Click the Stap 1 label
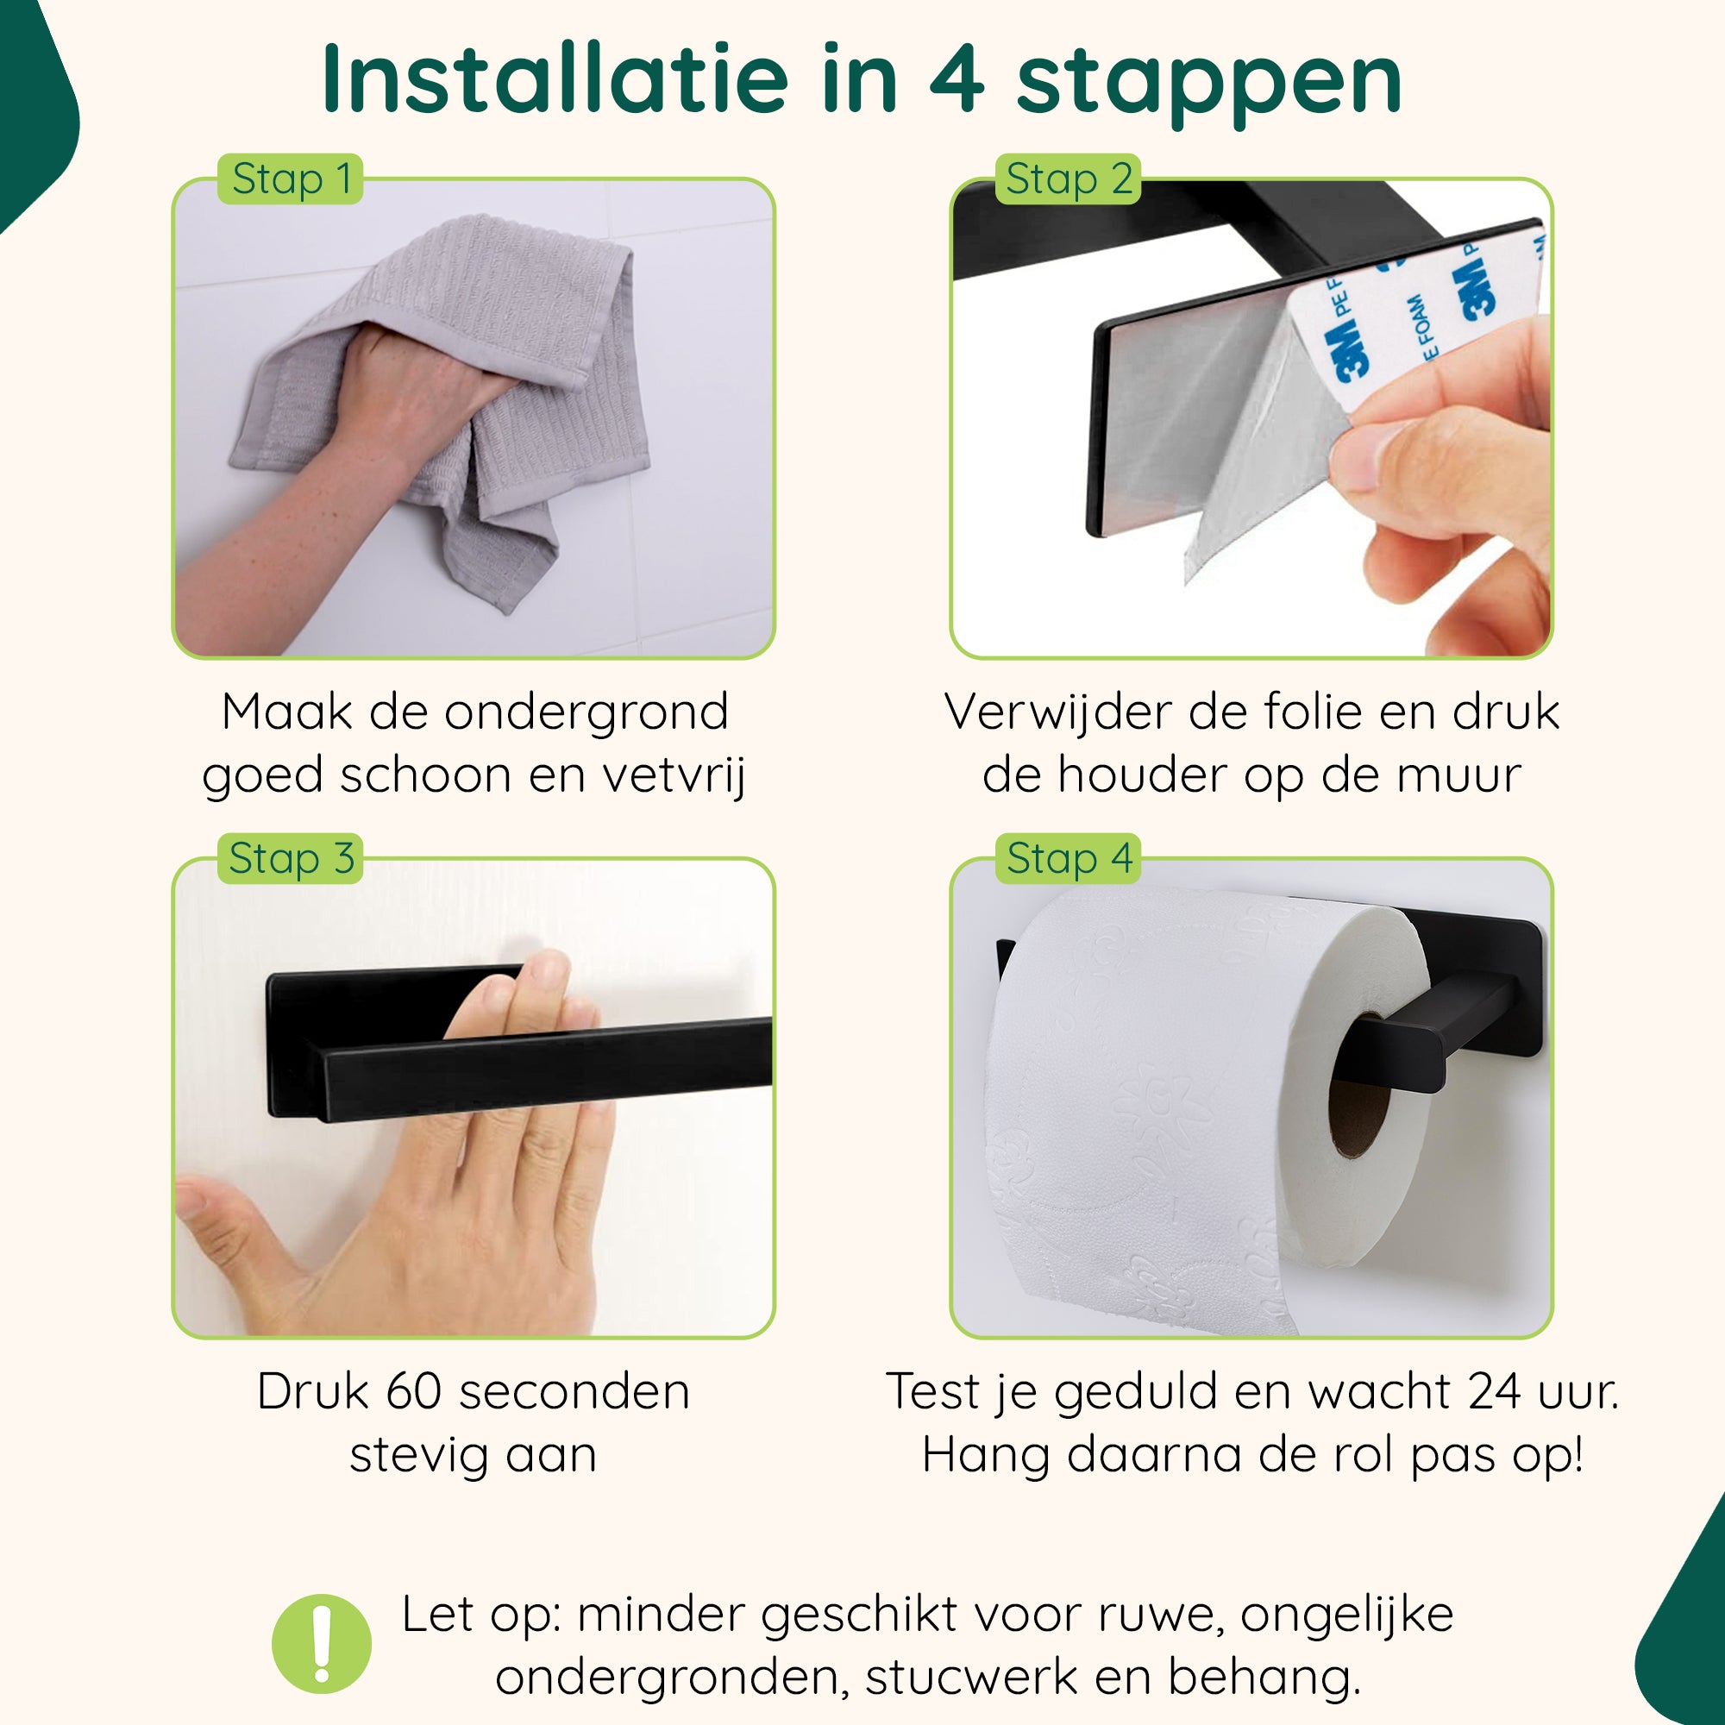[x=290, y=179]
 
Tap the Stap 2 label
[x=1068, y=179]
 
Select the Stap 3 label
[x=290, y=859]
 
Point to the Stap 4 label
[x=1068, y=859]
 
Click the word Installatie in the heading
[x=555, y=80]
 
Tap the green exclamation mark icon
[x=322, y=1644]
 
